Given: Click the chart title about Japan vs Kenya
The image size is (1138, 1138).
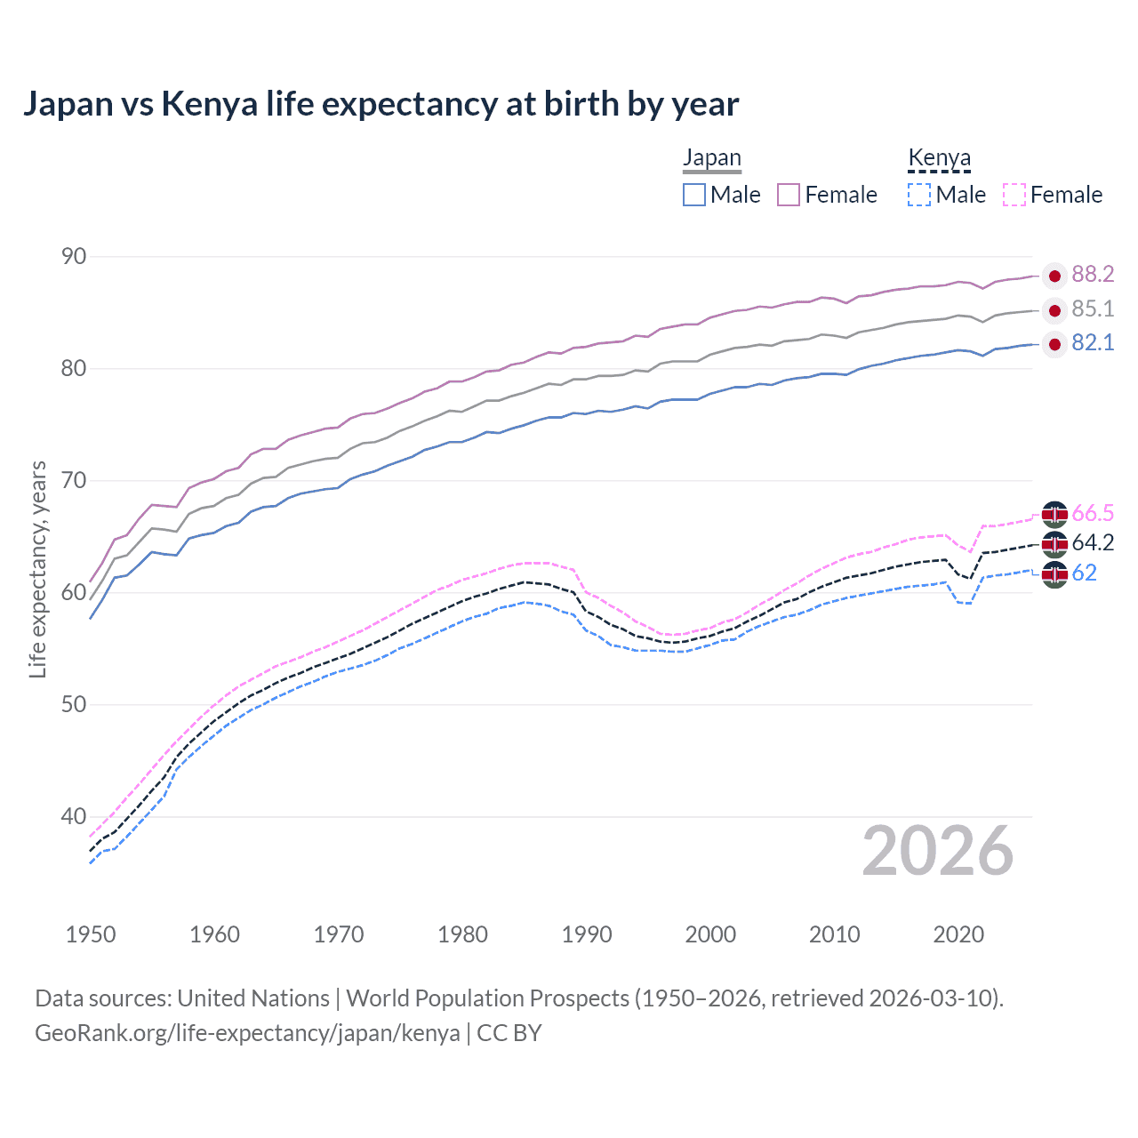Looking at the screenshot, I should tap(381, 104).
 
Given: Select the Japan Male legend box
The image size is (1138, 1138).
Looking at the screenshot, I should tap(694, 195).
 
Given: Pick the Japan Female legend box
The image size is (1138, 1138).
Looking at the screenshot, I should tap(789, 195).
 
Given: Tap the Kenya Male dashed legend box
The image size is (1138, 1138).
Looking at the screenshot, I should tap(919, 195).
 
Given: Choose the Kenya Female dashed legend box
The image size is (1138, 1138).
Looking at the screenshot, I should tap(1014, 195).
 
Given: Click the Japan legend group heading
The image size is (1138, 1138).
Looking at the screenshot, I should tap(711, 158).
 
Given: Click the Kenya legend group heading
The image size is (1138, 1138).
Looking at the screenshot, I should tap(939, 158).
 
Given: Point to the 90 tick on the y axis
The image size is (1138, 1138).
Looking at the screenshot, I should tap(74, 257).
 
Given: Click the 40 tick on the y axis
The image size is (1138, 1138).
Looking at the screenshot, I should tap(74, 816).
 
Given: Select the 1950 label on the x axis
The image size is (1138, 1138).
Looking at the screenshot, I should tap(91, 934).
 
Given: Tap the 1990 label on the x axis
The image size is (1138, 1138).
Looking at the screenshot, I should tap(587, 934).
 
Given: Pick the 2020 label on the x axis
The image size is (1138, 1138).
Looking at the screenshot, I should tap(958, 934).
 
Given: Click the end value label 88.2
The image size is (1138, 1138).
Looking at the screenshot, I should tap(1093, 275).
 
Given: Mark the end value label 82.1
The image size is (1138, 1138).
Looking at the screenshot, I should tap(1093, 343).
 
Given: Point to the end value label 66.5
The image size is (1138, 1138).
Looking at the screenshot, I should tap(1093, 514).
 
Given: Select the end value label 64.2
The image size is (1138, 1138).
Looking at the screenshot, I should tap(1093, 543).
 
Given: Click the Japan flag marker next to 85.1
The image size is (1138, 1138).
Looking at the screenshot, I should tap(1054, 310).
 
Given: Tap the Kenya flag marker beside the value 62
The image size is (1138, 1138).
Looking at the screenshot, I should tap(1054, 574).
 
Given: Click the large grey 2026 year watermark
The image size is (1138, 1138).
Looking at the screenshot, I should tap(937, 851).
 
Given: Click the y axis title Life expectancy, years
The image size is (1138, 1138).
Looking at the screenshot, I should tap(38, 569).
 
